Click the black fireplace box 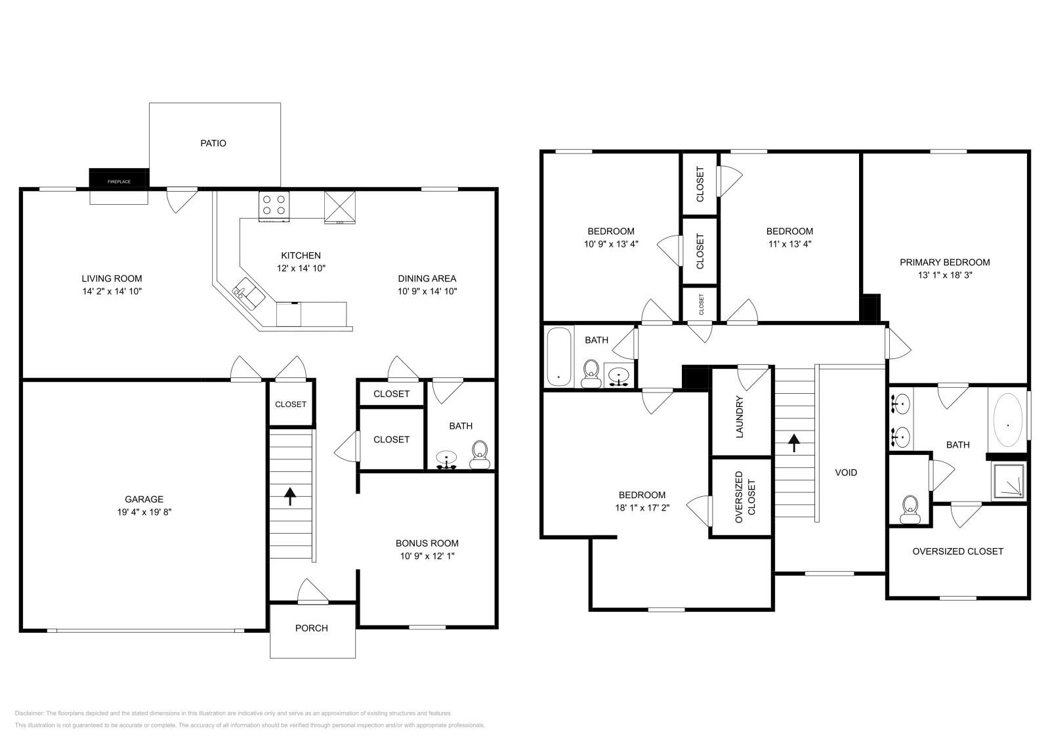click(119, 178)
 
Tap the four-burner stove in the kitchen click(274, 205)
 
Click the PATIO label click(213, 143)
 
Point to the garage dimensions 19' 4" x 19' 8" click(144, 512)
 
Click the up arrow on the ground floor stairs click(289, 496)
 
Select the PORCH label click(311, 628)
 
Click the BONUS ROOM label click(427, 543)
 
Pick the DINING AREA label click(427, 278)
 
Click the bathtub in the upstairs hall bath click(559, 356)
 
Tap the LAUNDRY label click(740, 417)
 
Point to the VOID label click(845, 472)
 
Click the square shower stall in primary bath click(1008, 481)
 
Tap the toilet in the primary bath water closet click(910, 509)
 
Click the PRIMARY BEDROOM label click(944, 262)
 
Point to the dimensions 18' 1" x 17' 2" click(642, 507)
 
